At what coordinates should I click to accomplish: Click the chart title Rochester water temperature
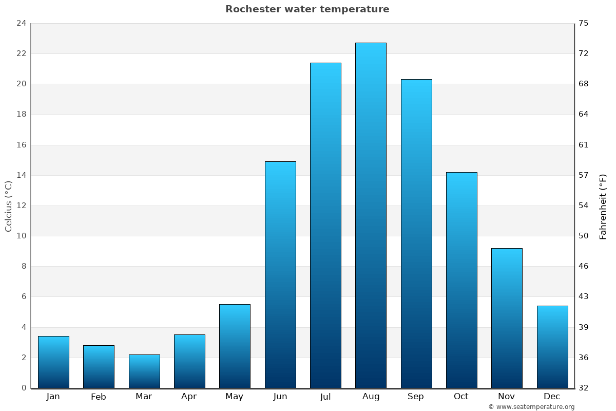pyautogui.click(x=307, y=9)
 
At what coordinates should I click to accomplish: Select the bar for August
pyautogui.click(x=371, y=215)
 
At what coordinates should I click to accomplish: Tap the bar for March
pyautogui.click(x=144, y=371)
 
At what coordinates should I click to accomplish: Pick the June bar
pyautogui.click(x=280, y=274)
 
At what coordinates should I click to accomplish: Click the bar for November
pyautogui.click(x=507, y=318)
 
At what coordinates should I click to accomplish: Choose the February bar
pyautogui.click(x=99, y=366)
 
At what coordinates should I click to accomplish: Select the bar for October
pyautogui.click(x=461, y=280)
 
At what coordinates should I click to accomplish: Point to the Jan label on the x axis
pyautogui.click(x=53, y=397)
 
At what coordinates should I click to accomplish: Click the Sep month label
pyautogui.click(x=416, y=397)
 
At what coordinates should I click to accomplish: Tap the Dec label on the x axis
pyautogui.click(x=552, y=397)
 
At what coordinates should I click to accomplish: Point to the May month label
pyautogui.click(x=235, y=397)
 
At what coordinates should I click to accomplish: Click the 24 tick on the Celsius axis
pyautogui.click(x=21, y=23)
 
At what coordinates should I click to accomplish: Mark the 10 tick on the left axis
pyautogui.click(x=21, y=236)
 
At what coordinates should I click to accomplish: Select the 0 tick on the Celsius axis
pyautogui.click(x=24, y=388)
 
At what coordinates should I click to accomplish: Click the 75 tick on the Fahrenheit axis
pyautogui.click(x=584, y=23)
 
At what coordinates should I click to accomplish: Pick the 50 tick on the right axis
pyautogui.click(x=584, y=236)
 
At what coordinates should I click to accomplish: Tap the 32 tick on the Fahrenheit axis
pyautogui.click(x=584, y=388)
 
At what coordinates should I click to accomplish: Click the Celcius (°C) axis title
pyautogui.click(x=9, y=206)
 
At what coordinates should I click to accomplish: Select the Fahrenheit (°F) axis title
pyautogui.click(x=603, y=206)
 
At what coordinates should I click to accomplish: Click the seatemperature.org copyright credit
pyautogui.click(x=531, y=407)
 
